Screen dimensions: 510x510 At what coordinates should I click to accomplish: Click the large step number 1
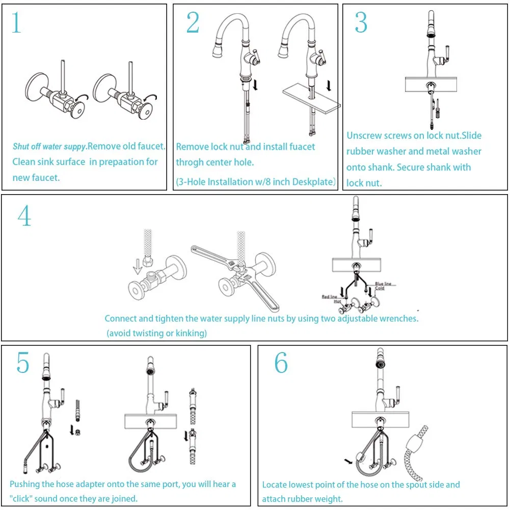pyautogui.click(x=16, y=23)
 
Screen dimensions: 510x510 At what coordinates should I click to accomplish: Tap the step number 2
pyautogui.click(x=193, y=23)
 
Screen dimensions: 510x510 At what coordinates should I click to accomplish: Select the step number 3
pyautogui.click(x=361, y=23)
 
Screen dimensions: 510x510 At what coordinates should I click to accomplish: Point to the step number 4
pyautogui.click(x=24, y=216)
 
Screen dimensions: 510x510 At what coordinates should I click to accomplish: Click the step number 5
pyautogui.click(x=22, y=363)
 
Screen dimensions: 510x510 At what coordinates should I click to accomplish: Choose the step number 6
pyautogui.click(x=281, y=363)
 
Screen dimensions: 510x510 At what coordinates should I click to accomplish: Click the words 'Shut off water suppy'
pyautogui.click(x=49, y=147)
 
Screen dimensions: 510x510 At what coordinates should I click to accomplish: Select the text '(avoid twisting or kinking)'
pyautogui.click(x=156, y=333)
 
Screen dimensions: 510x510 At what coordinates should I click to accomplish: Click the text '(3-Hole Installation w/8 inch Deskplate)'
pyautogui.click(x=256, y=182)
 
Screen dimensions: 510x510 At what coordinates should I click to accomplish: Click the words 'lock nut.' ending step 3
pyautogui.click(x=364, y=183)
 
